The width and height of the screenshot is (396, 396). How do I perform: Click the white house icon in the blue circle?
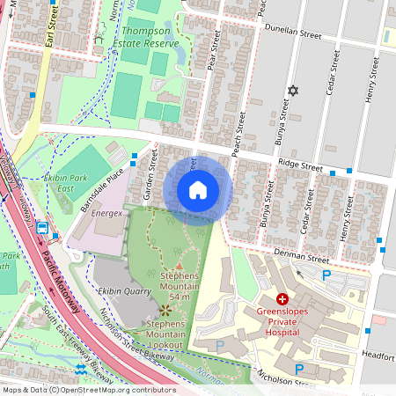(198, 190)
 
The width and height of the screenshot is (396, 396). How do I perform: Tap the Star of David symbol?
(294, 91)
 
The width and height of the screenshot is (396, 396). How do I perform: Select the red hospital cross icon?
(282, 299)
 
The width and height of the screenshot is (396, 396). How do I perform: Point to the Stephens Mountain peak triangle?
(180, 264)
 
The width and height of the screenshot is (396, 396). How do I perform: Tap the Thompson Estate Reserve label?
(150, 37)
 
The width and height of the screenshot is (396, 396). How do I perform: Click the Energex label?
(108, 215)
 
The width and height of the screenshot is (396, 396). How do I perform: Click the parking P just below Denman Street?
(327, 275)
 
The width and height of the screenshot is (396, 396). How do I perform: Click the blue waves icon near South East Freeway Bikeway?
(80, 368)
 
